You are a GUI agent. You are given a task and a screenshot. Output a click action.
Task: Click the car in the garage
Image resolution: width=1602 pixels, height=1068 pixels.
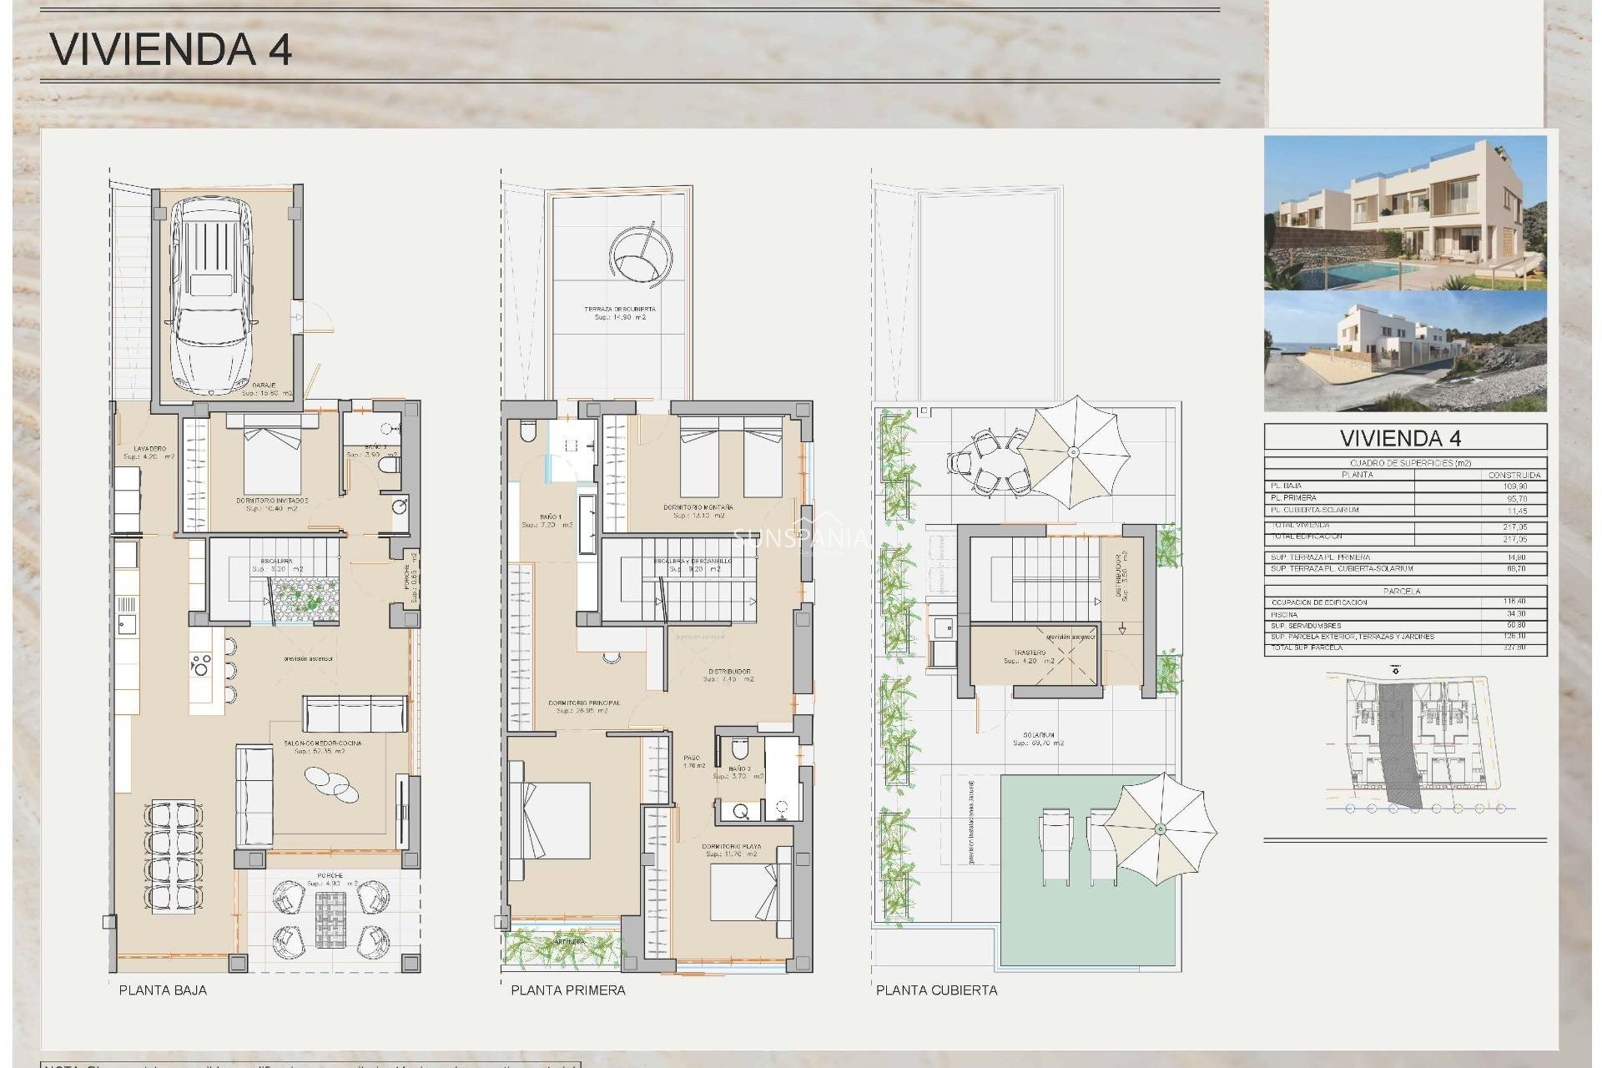(211, 296)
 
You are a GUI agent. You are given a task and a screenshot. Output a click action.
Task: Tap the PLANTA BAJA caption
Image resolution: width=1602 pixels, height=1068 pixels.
(163, 990)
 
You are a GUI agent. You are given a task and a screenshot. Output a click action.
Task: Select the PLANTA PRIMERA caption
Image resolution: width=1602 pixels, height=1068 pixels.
(567, 990)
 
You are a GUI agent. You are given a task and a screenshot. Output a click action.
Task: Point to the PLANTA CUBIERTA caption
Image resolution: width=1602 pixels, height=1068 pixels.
(936, 990)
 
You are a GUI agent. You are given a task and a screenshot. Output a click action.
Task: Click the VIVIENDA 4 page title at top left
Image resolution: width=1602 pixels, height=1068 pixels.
(171, 50)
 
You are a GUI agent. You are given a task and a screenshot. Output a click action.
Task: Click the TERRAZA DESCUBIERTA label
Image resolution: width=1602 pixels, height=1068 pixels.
(619, 310)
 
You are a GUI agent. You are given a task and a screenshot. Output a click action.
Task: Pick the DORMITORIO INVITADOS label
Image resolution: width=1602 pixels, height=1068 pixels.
(272, 501)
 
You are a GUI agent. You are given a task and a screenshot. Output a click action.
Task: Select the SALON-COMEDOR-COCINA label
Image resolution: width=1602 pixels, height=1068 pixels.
(322, 743)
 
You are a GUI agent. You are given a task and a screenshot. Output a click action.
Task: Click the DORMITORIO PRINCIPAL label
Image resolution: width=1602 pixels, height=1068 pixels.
(584, 703)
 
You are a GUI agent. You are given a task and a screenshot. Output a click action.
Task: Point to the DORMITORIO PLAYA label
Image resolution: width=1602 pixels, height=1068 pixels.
(731, 846)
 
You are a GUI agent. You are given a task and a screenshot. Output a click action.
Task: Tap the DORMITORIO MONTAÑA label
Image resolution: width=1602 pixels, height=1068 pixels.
(698, 507)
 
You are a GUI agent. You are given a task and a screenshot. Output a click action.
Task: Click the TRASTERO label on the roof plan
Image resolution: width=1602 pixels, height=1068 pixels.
(1030, 653)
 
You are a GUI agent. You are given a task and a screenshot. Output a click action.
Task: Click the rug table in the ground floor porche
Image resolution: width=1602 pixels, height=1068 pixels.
(330, 919)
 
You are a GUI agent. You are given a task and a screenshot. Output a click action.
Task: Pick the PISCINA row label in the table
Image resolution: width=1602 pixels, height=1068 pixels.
(1284, 614)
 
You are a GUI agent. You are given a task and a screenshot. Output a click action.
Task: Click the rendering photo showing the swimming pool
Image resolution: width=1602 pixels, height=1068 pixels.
(1405, 214)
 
